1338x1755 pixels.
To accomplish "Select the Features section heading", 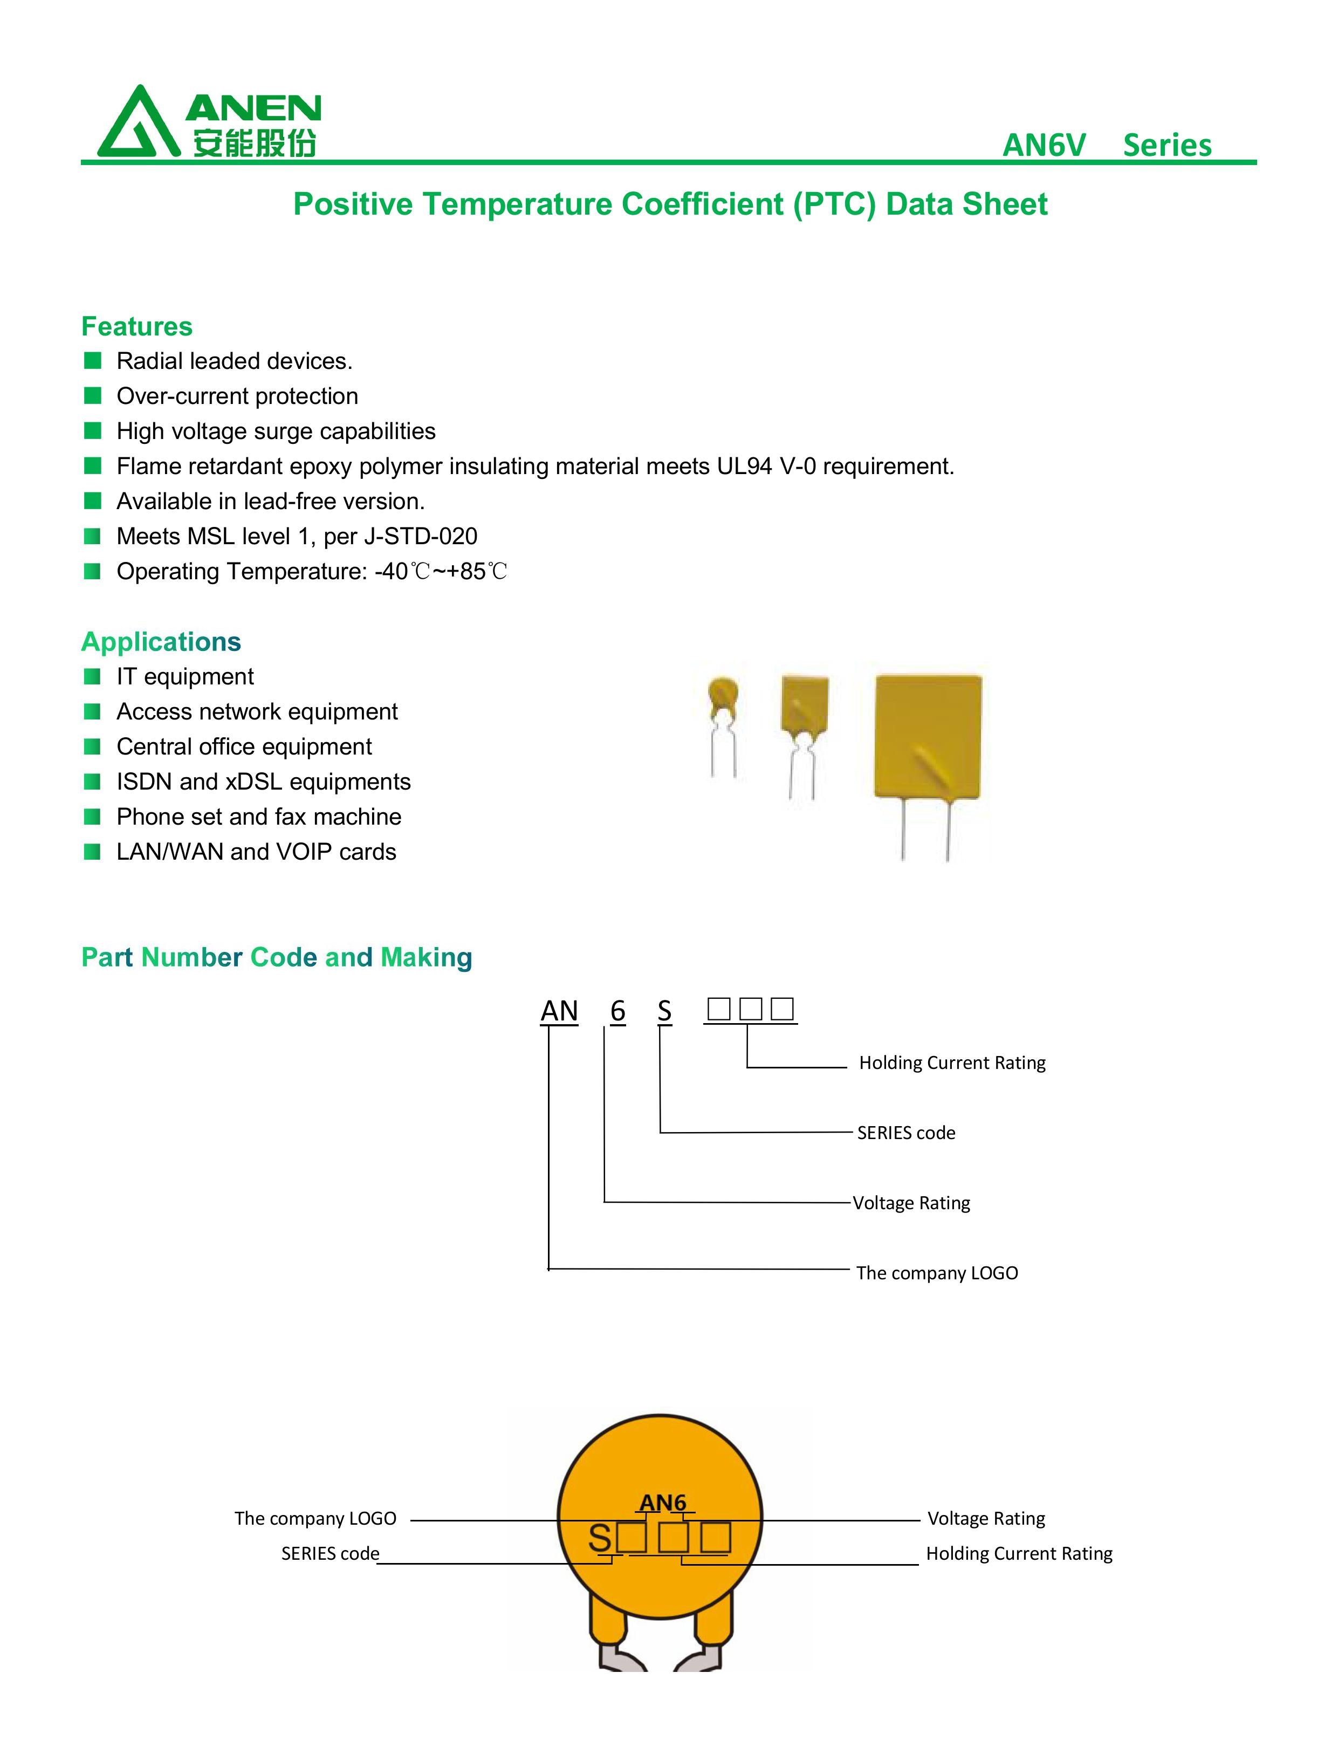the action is [x=137, y=326].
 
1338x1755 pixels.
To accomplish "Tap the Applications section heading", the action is [x=161, y=642].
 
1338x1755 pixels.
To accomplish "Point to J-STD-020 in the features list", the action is [x=421, y=536].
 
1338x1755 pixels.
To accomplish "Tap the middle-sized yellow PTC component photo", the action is [x=805, y=737].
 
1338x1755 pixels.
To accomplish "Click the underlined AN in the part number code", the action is [x=559, y=1011].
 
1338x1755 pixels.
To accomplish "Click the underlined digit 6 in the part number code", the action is [x=618, y=1011].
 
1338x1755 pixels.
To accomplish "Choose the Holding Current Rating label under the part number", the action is [x=952, y=1063].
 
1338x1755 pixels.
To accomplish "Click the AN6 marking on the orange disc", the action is [x=663, y=1503].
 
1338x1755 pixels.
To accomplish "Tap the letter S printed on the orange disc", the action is [x=600, y=1538].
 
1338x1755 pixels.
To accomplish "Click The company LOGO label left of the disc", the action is [x=315, y=1519].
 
